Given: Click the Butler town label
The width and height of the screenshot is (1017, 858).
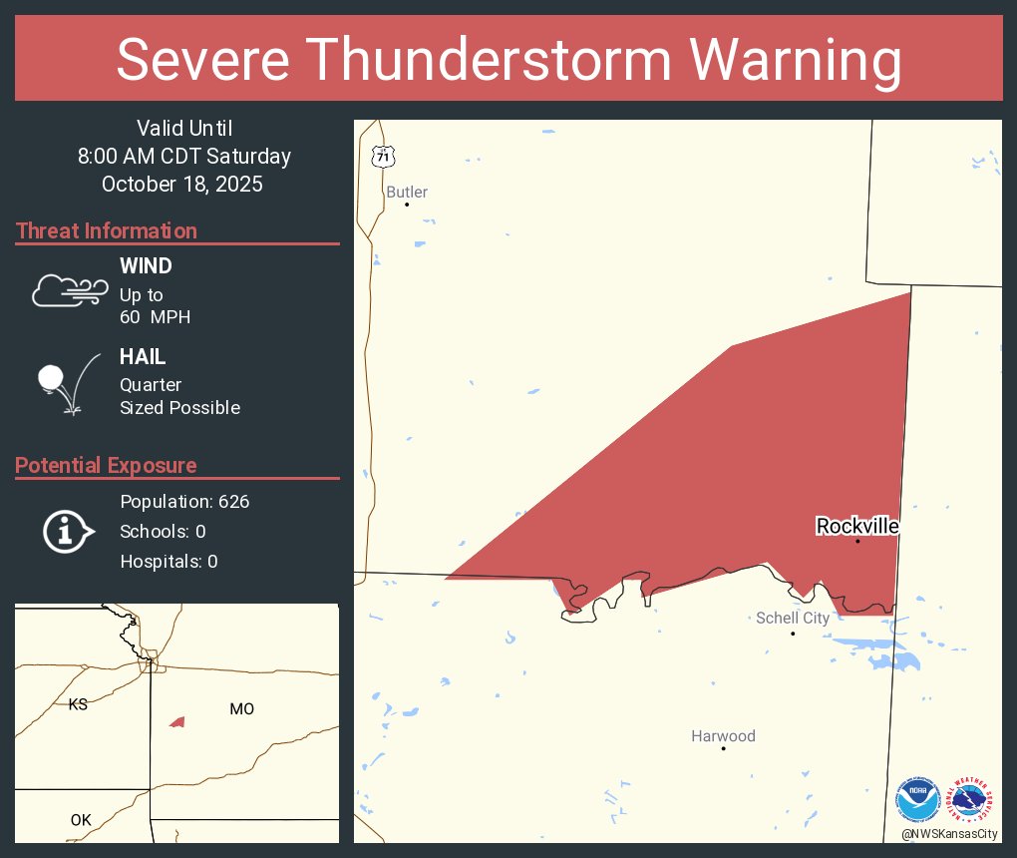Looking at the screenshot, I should [407, 192].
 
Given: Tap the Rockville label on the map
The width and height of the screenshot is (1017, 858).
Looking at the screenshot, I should [857, 526].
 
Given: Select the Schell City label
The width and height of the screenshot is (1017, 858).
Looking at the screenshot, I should [793, 618].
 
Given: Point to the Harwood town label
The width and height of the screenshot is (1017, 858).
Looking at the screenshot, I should [723, 736].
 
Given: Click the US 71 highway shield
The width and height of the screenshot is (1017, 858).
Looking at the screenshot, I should [384, 157].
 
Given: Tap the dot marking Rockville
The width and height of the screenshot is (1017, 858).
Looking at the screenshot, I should [857, 541].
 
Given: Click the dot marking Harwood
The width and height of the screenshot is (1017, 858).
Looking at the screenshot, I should [723, 747].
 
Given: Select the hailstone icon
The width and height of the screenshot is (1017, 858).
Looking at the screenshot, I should [52, 379].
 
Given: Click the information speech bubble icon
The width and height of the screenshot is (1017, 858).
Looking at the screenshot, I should [68, 531].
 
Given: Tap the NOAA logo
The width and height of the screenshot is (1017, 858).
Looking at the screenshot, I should [917, 800].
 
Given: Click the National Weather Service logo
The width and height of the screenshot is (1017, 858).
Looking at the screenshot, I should [971, 800].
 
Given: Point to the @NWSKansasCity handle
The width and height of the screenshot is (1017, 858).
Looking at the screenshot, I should [949, 834].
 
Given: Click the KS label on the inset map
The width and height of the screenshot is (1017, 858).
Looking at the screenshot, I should [78, 704].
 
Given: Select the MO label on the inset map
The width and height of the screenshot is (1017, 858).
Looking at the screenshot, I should [241, 708].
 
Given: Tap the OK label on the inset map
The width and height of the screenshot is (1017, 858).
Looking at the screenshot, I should [81, 820].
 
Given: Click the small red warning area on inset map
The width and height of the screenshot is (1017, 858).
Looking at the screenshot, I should [177, 721].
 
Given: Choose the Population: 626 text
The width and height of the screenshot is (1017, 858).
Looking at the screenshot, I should [184, 501].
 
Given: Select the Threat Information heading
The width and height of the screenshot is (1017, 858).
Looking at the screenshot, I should [107, 230].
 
